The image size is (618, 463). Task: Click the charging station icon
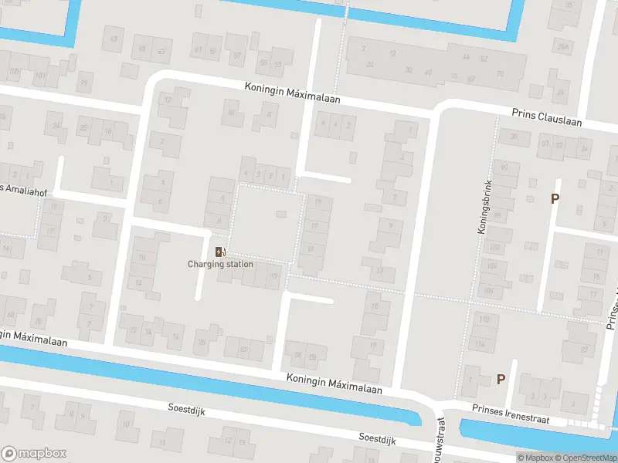(221, 252)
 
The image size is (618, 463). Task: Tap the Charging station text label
(220, 264)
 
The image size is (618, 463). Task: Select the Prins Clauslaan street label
(546, 117)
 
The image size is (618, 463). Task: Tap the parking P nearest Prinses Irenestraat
(501, 379)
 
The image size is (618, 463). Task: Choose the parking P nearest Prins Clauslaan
(555, 198)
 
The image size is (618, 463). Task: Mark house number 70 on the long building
(499, 75)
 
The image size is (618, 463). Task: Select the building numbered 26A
(563, 47)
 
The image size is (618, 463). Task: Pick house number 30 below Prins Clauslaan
(514, 137)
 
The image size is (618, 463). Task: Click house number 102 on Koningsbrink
(494, 247)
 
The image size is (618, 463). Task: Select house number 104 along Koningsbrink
(490, 266)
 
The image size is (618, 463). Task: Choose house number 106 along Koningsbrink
(488, 290)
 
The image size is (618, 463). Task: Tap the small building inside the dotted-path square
(280, 214)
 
